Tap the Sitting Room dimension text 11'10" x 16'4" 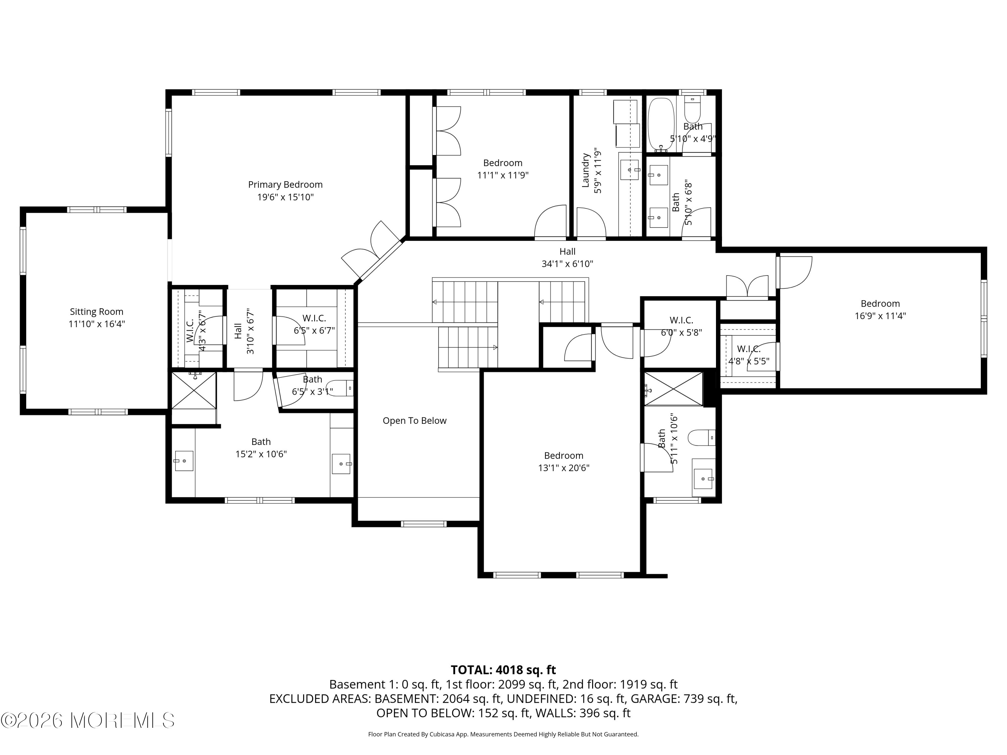click(97, 324)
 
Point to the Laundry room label click(586, 170)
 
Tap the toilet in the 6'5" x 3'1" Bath click(339, 388)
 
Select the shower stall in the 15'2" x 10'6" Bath click(193, 391)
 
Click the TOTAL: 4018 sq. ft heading click(503, 670)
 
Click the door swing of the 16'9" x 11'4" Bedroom click(795, 272)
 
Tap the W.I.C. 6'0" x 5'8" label click(681, 320)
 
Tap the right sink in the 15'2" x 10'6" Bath click(341, 463)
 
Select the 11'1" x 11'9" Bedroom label click(502, 163)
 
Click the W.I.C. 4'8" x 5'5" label click(749, 349)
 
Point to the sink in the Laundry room click(630, 169)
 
